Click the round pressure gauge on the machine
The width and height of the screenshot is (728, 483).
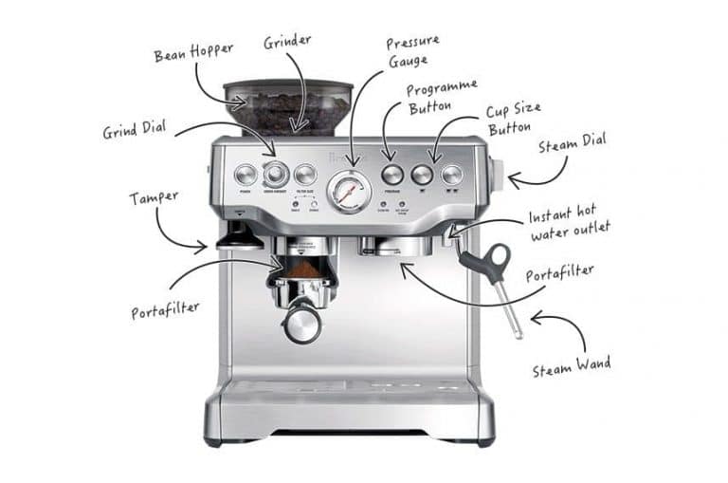(x=348, y=192)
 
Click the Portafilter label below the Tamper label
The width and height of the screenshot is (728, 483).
(x=166, y=310)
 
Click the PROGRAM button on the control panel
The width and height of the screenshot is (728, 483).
(x=392, y=175)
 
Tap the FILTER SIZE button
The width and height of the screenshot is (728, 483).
(x=304, y=175)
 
